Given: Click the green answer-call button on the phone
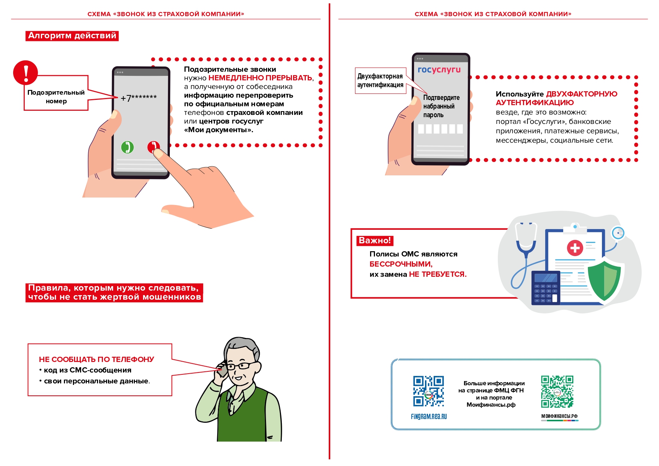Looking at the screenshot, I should pos(127,147).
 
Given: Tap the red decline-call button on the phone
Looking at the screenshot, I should pos(153,147).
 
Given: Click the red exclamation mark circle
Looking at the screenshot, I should pos(26,72).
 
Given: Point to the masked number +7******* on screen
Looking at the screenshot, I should pos(139,98).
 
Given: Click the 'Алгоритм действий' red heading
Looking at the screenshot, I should pos(72,36).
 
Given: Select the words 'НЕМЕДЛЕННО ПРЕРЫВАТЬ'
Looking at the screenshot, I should pos(260,78).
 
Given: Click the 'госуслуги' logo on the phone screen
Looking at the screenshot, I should pos(439,69).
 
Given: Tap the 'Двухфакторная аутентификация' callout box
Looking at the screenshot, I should pos(380,80).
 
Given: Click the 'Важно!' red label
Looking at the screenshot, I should pos(375,240).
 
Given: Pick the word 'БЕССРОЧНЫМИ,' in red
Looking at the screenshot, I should pos(401,264).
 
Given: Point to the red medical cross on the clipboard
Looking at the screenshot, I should pos(574,248).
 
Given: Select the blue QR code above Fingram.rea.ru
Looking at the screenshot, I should pos(428,391).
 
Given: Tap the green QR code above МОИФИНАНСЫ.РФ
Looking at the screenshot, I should pos(557,391).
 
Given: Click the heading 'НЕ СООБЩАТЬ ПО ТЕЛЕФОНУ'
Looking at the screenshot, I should pos(97,359).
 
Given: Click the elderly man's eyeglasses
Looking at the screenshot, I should pos(239,366).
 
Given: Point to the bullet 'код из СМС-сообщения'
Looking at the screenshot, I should pos(88,370).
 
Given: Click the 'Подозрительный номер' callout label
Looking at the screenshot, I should pos(56,97).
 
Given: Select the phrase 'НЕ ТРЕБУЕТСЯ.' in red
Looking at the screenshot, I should pos(438,274).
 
